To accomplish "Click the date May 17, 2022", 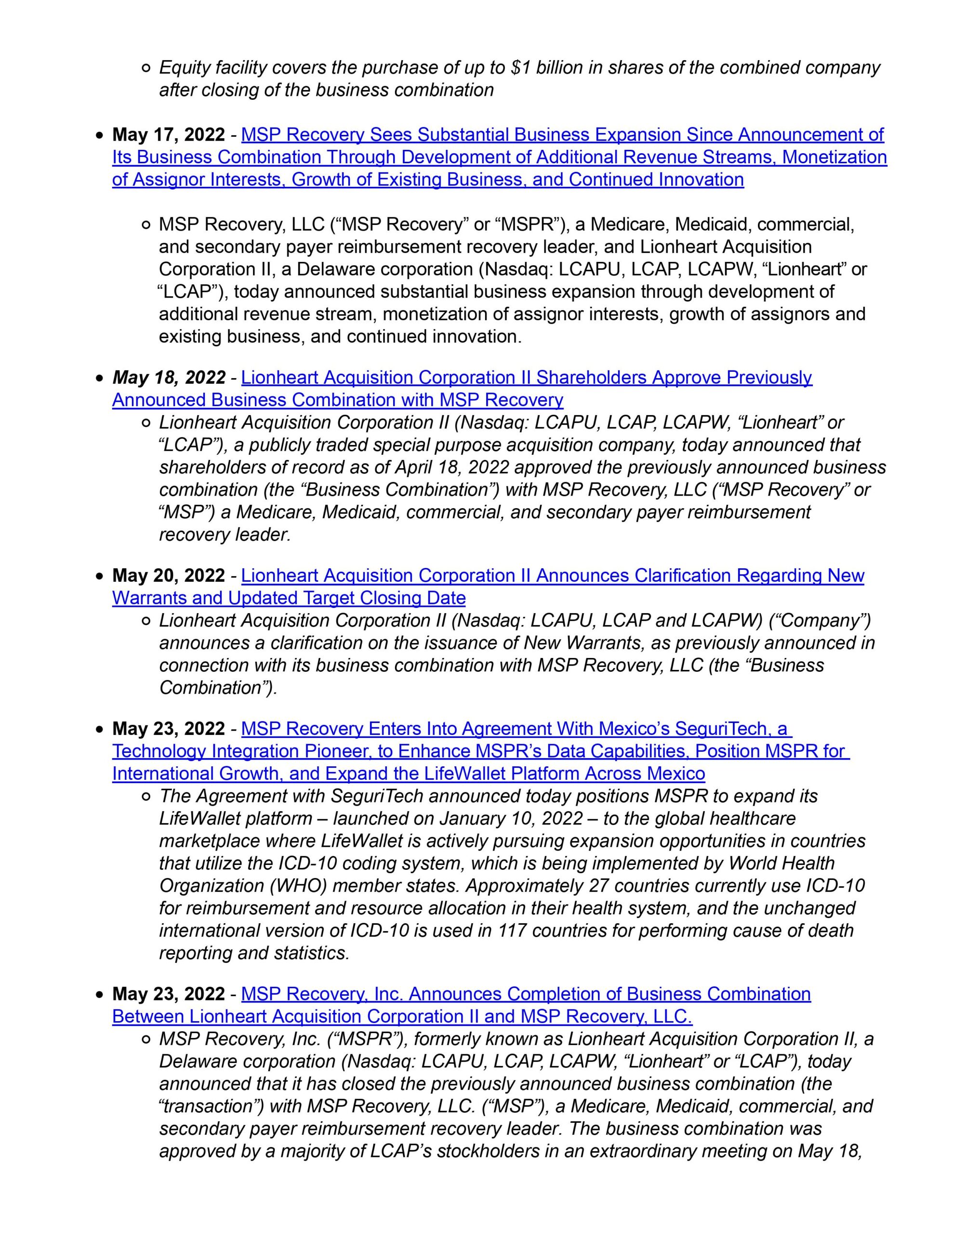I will point(168,135).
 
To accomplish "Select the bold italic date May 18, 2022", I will point(168,377).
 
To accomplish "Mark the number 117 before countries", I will point(511,931).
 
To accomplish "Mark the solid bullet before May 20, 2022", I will point(99,577).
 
